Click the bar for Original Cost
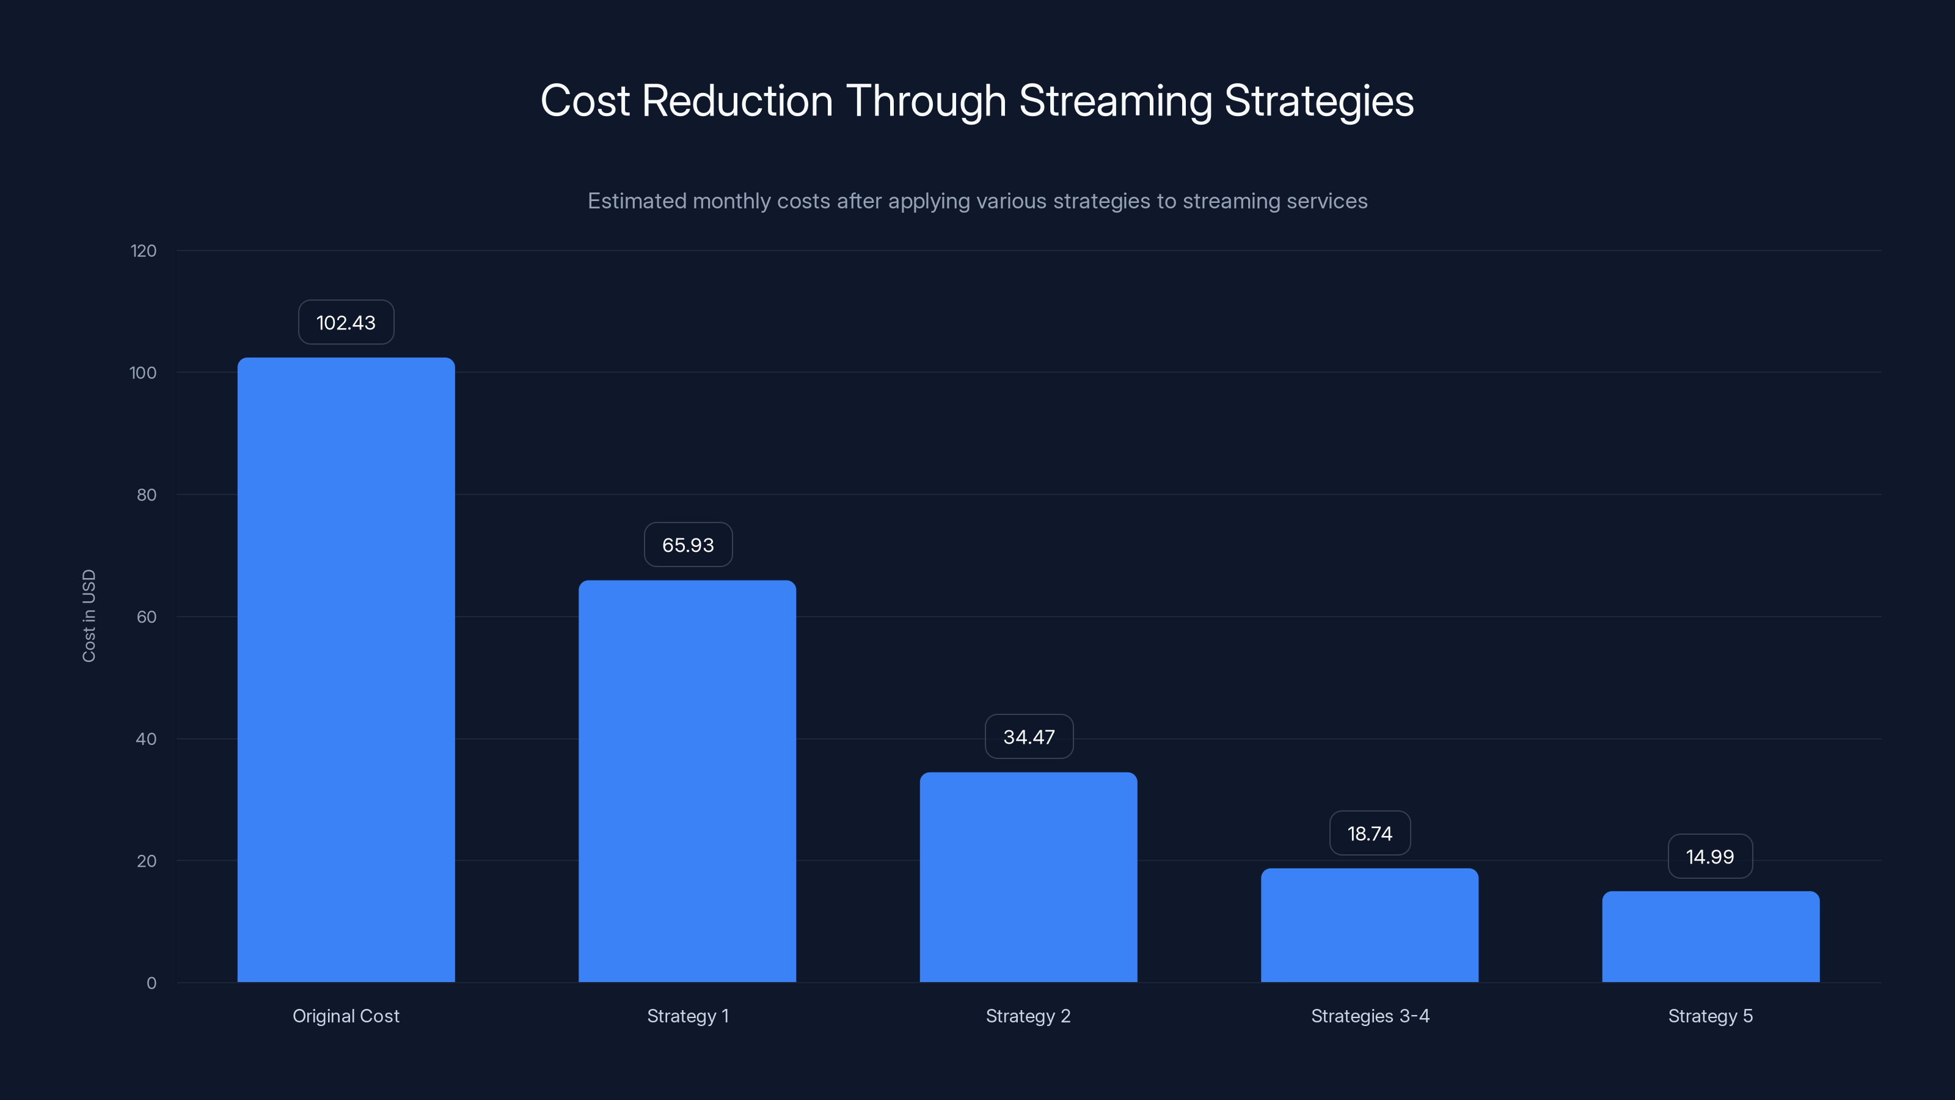click(346, 670)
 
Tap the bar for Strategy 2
click(1028, 877)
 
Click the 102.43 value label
click(346, 323)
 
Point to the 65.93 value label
click(687, 545)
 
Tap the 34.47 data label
click(1028, 737)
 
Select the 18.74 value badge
click(1369, 834)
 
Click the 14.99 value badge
click(1710, 857)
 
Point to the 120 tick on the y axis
click(144, 251)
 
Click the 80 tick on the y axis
click(147, 495)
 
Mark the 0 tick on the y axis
click(152, 984)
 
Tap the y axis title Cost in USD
click(89, 615)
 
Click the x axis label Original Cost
click(346, 1016)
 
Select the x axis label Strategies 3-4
click(1370, 1016)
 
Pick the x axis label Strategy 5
click(1710, 1016)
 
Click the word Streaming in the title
click(1115, 101)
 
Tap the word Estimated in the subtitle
click(636, 201)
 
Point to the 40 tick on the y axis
click(147, 739)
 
